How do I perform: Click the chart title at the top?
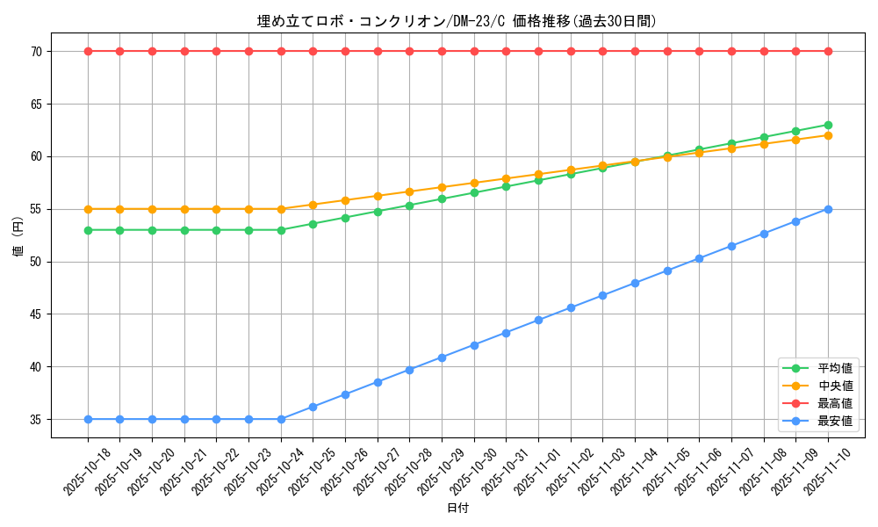457,21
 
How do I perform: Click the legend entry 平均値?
835,368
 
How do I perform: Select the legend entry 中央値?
835,386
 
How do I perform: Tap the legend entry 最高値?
835,403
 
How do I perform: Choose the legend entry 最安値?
835,421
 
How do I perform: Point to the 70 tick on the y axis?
38,52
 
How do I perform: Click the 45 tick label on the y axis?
38,314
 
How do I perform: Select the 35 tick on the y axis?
38,420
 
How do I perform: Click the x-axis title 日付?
457,509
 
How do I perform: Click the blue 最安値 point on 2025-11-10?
828,209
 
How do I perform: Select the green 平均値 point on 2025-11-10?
828,125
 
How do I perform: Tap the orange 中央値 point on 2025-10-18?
88,209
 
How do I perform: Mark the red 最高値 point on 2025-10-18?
88,51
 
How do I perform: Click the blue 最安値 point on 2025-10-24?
281,419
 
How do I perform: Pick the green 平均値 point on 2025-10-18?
88,230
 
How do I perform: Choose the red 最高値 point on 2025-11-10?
828,51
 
